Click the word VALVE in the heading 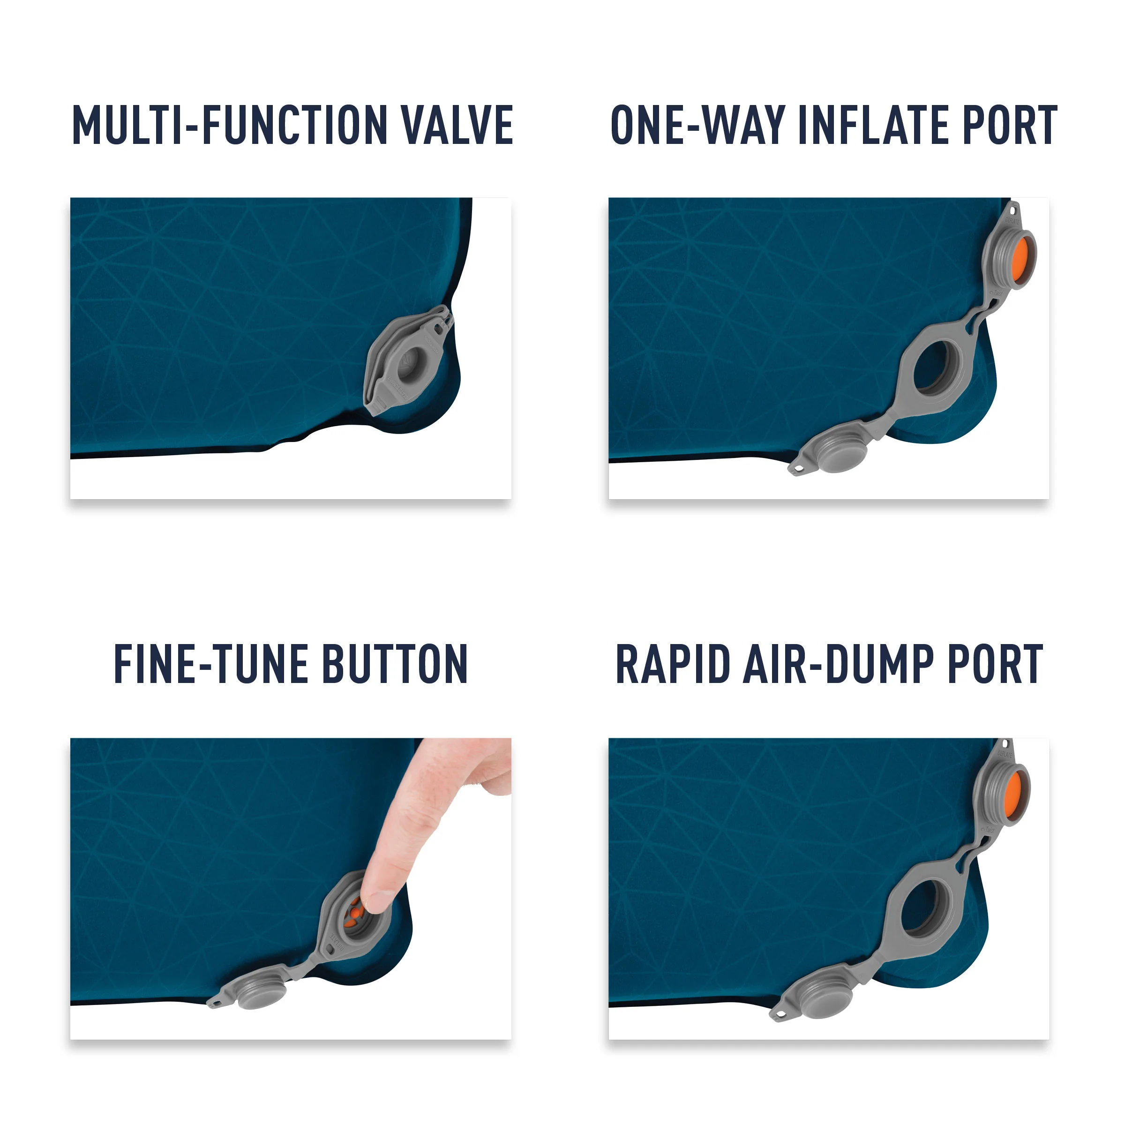458,125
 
